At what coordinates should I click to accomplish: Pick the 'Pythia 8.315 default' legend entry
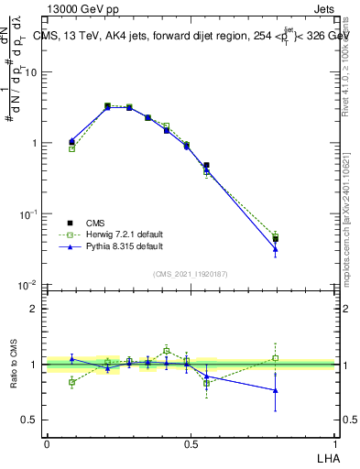coord(113,246)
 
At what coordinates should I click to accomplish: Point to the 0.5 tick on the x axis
coord(191,442)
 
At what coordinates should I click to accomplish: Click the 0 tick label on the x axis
coord(47,442)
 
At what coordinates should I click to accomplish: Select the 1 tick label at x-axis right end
coord(335,442)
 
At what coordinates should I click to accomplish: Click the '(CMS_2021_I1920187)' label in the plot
coord(191,273)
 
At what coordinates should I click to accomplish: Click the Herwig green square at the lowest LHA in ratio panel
coord(72,382)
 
